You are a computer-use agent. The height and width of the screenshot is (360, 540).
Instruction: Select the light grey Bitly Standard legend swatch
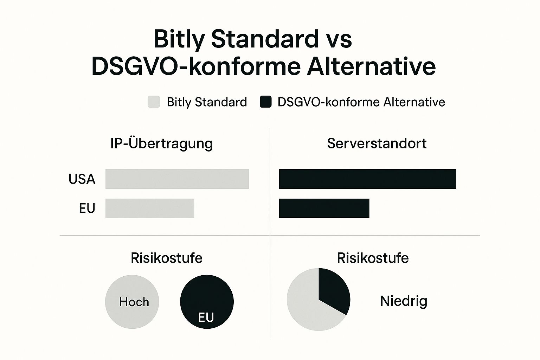pyautogui.click(x=154, y=102)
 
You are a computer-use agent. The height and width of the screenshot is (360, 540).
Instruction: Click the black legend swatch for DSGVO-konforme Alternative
pyautogui.click(x=266, y=102)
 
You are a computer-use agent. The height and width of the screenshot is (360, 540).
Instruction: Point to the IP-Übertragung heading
pyautogui.click(x=161, y=144)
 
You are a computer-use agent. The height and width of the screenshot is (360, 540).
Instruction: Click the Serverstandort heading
pyautogui.click(x=377, y=143)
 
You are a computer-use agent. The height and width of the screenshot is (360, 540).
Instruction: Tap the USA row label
pyautogui.click(x=82, y=179)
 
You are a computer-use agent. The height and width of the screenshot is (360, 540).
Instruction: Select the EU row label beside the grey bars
pyautogui.click(x=87, y=208)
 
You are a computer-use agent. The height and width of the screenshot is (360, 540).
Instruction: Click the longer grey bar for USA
pyautogui.click(x=177, y=179)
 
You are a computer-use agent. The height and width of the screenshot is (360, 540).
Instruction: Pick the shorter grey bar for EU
pyautogui.click(x=150, y=208)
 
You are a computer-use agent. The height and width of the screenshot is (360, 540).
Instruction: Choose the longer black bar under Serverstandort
pyautogui.click(x=368, y=179)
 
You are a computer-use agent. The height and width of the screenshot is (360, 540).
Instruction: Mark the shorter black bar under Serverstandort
pyautogui.click(x=324, y=208)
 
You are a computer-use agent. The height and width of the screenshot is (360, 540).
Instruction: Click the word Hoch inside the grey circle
pyautogui.click(x=134, y=302)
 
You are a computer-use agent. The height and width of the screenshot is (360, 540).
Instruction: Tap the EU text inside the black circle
pyautogui.click(x=206, y=317)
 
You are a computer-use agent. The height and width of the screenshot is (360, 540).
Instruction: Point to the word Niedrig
pyautogui.click(x=404, y=301)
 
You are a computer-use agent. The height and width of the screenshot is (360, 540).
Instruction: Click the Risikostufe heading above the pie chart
pyautogui.click(x=373, y=258)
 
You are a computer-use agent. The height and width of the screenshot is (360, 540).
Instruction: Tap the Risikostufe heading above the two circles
pyautogui.click(x=167, y=258)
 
